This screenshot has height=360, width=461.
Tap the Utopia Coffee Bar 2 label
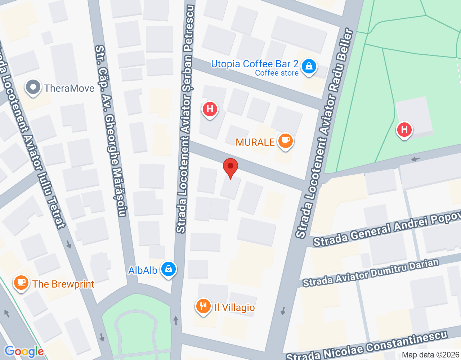[x=255, y=64]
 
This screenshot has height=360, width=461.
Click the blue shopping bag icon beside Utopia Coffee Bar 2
[x=309, y=67]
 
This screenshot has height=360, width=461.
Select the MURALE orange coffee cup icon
[x=286, y=141]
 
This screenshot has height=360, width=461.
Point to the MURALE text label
[x=255, y=142]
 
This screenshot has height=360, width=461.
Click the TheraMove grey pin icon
[x=33, y=87]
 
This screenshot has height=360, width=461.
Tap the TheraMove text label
[x=69, y=88]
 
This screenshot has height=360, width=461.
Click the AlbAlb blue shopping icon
[x=168, y=269]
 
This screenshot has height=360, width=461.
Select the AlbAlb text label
[x=143, y=270]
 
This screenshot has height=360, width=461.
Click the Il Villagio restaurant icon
[x=203, y=307]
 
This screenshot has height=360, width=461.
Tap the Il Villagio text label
[x=234, y=308]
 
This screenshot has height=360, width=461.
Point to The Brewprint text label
[x=63, y=284]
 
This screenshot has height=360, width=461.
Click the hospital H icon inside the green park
[x=404, y=129]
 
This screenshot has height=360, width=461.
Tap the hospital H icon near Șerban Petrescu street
[x=210, y=109]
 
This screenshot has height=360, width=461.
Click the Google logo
[x=24, y=351]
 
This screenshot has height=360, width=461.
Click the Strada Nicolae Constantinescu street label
[x=367, y=347]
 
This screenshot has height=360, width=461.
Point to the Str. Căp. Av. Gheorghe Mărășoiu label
[x=111, y=131]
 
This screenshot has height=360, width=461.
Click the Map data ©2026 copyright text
[x=430, y=355]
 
